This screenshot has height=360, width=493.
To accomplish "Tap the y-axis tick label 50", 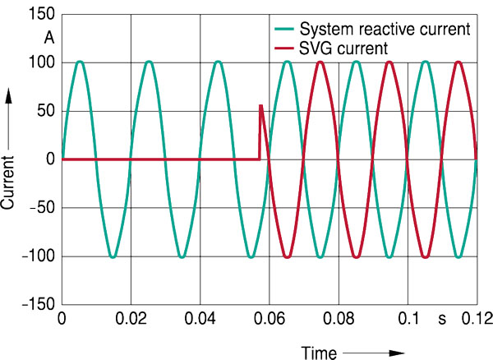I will tap(44, 112).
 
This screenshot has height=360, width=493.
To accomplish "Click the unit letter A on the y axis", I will tap(48, 38).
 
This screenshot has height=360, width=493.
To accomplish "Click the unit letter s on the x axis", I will tap(440, 319).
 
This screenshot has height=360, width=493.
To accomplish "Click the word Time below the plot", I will tap(319, 353).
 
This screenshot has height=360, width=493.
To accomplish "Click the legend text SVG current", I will tap(344, 49).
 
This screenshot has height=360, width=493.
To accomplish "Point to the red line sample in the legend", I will tap(285, 49).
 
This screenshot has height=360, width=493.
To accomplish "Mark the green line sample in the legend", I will tap(285, 30).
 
